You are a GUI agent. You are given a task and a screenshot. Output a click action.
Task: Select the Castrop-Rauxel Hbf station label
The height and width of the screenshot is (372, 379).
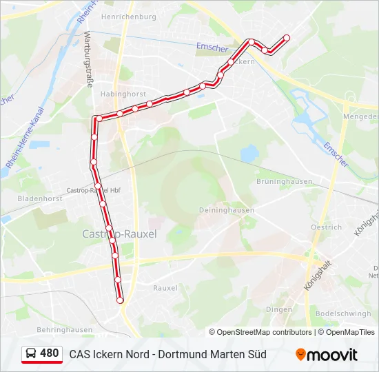click(93, 189)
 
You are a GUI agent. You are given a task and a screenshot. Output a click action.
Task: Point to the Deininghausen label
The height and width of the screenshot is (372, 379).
click(226, 210)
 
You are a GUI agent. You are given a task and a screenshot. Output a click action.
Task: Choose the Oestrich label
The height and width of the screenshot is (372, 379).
click(326, 227)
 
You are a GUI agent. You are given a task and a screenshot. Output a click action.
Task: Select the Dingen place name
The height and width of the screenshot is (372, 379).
click(278, 309)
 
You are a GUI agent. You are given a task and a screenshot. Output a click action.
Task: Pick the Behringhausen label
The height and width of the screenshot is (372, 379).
click(65, 329)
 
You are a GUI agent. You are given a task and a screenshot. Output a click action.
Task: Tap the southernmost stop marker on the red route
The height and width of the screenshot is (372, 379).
click(120, 300)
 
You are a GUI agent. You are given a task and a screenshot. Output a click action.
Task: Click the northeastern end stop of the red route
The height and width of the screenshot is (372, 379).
click(287, 38)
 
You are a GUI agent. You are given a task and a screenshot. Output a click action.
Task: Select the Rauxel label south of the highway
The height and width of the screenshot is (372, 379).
click(165, 287)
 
